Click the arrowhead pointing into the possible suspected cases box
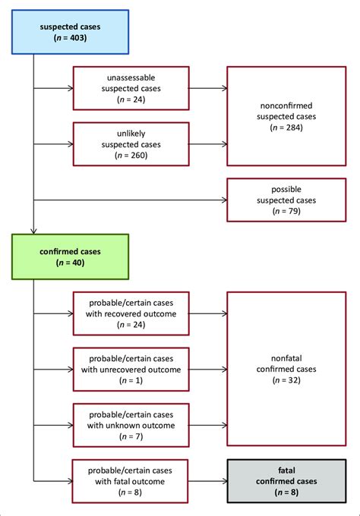[x=225, y=200]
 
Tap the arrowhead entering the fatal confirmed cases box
[x=225, y=481]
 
